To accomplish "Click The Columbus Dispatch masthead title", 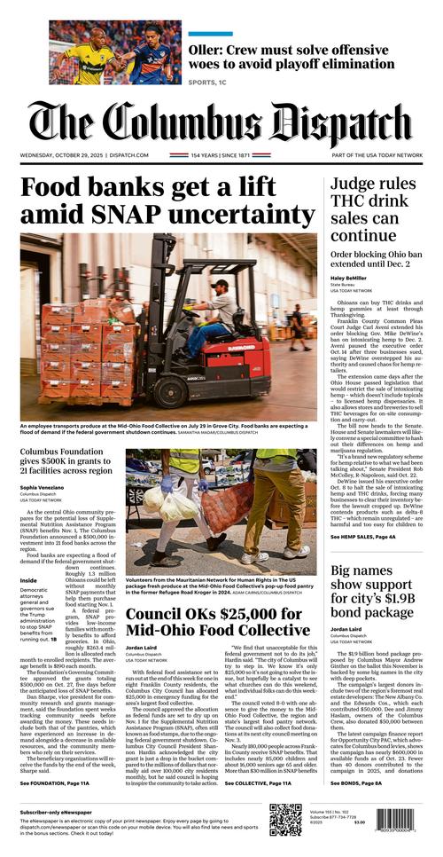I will tap(221, 123).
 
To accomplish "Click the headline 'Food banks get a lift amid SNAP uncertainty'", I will tap(167, 201).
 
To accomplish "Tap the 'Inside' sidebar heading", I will tap(28, 581).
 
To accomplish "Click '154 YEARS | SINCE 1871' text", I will tap(221, 154).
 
